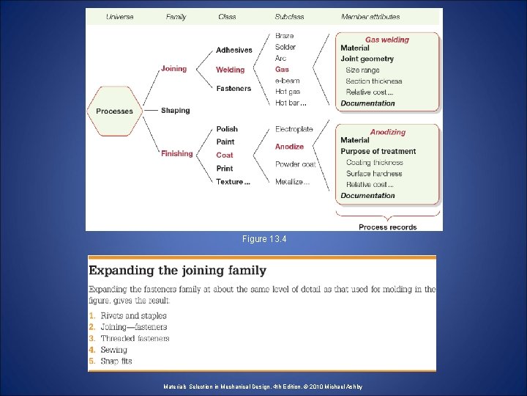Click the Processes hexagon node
click(115, 111)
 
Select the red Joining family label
click(174, 69)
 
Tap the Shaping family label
click(176, 111)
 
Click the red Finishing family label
click(177, 154)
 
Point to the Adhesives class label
click(234, 51)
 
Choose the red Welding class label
click(231, 70)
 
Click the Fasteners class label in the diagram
click(233, 89)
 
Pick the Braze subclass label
click(285, 36)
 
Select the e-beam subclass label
click(288, 81)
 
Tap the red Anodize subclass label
click(290, 147)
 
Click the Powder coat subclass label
click(296, 164)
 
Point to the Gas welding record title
click(387, 40)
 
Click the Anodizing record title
click(387, 132)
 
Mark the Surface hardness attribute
click(374, 174)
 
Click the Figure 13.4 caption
click(263, 239)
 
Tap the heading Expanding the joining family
click(178, 271)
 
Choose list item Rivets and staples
click(134, 316)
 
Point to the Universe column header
click(120, 17)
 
